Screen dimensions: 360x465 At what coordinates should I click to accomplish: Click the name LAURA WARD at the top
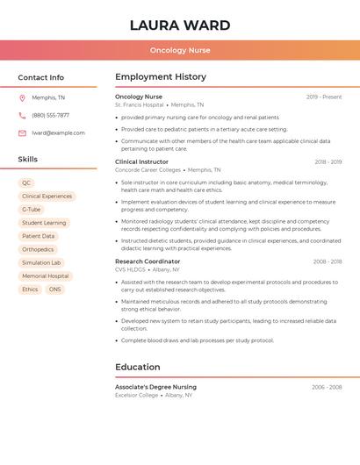(180, 25)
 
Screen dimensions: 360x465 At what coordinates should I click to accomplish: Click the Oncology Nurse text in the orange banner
(180, 50)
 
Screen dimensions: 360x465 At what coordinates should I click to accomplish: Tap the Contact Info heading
(41, 77)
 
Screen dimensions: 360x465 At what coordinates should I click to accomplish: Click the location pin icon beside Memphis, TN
(22, 97)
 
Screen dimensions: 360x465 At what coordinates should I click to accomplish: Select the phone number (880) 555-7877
(50, 115)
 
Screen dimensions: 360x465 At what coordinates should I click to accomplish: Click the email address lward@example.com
(58, 132)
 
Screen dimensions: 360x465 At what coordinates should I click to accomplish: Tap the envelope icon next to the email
(22, 132)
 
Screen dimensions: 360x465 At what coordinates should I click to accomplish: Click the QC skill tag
(26, 183)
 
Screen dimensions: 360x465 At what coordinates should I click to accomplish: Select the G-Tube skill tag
(32, 210)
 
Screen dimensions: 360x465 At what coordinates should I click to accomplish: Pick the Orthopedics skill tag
(38, 249)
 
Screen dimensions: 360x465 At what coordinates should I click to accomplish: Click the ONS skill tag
(55, 289)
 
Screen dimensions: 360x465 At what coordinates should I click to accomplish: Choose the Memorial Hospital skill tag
(45, 275)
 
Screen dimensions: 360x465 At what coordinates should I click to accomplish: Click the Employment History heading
(161, 77)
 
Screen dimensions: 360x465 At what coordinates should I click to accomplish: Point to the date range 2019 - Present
(324, 97)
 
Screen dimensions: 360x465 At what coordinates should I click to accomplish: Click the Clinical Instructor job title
(141, 161)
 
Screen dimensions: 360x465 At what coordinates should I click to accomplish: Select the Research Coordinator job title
(148, 261)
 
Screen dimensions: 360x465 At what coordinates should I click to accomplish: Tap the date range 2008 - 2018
(327, 261)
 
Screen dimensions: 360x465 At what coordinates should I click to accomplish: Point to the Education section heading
(138, 367)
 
